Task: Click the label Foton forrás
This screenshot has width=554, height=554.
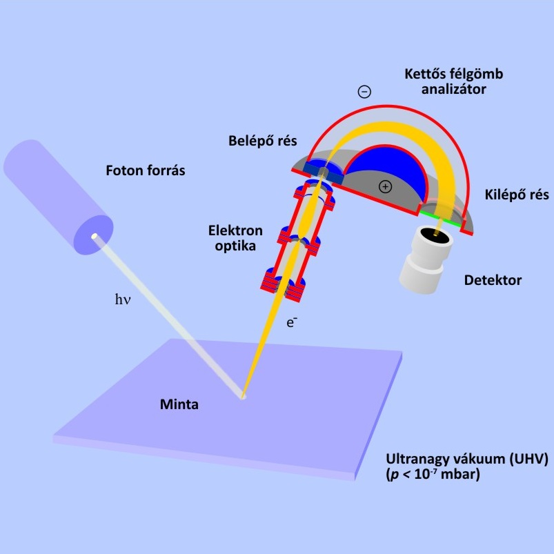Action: pos(146,170)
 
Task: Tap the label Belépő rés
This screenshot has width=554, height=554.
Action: pos(263,141)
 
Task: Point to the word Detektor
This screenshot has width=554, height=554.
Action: pos(493,280)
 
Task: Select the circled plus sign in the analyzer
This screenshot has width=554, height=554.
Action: pos(385,186)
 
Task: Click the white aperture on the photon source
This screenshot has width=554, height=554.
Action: pos(95,237)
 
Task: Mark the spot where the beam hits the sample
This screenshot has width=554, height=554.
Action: pos(242,397)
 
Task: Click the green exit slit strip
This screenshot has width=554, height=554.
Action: pos(442,219)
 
